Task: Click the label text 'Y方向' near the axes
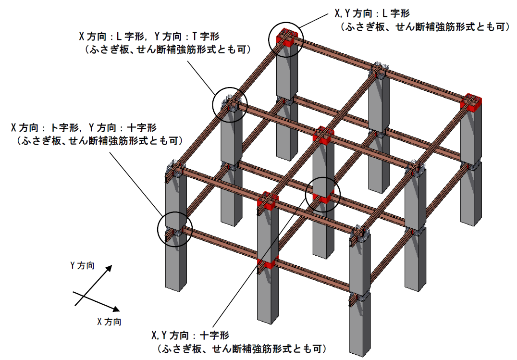coord(82,265)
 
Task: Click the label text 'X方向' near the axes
coord(109,322)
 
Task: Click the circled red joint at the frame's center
coord(322,196)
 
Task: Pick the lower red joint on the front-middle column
coord(268,263)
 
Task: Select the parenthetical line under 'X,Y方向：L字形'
coord(424,27)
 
